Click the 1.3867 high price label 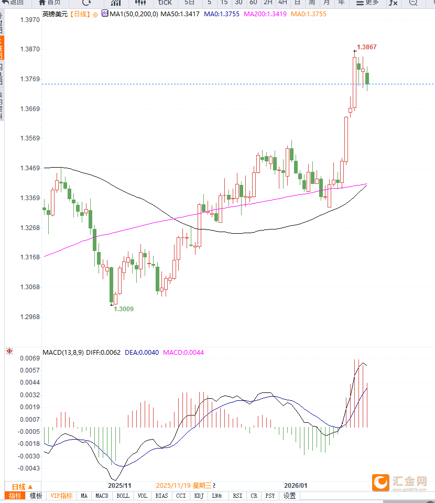coord(366,47)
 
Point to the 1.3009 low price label coord(124,309)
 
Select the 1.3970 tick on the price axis coord(29,20)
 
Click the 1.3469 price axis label coord(29,168)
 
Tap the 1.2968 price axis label coord(29,317)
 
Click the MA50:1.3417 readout coord(180,14)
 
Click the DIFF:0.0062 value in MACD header coord(103,353)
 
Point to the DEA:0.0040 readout coord(142,353)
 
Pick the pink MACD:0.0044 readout coord(183,353)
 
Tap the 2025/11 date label coord(119,486)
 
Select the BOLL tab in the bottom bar coord(123,496)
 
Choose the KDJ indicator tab coord(199,496)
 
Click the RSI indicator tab coord(237,496)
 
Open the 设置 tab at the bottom coord(290,496)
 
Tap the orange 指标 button coord(15,496)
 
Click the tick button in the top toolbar coord(165,3)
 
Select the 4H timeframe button coord(282,3)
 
